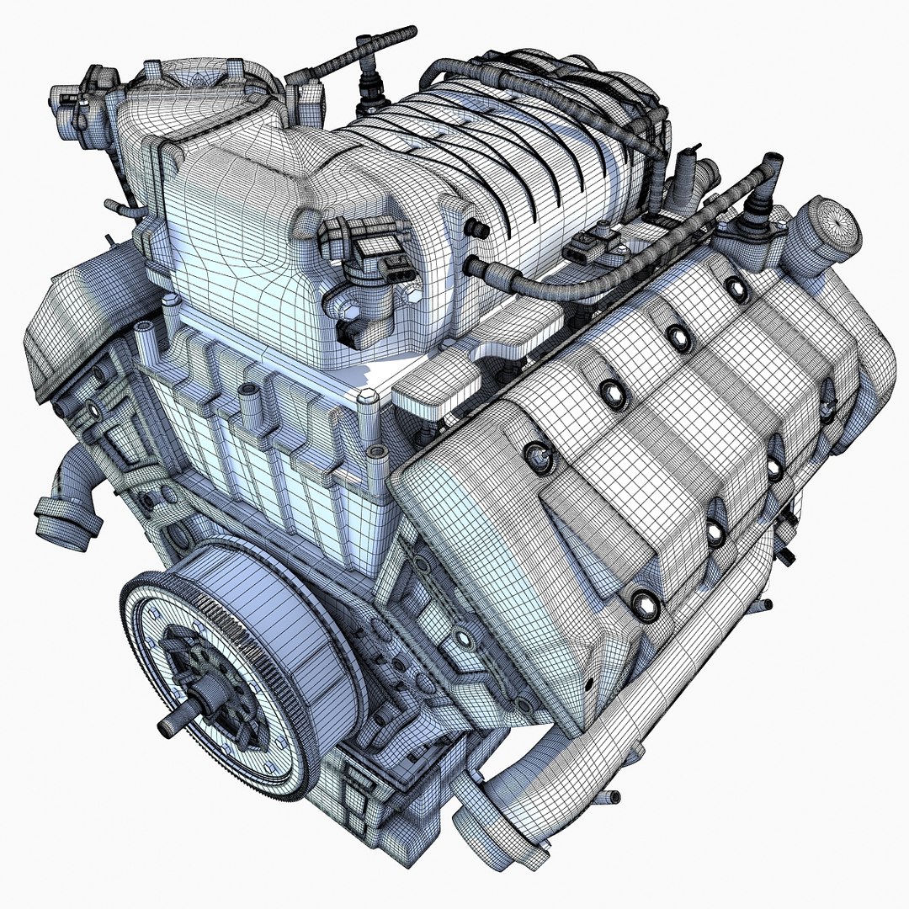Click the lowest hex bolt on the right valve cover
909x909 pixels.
click(644, 601)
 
